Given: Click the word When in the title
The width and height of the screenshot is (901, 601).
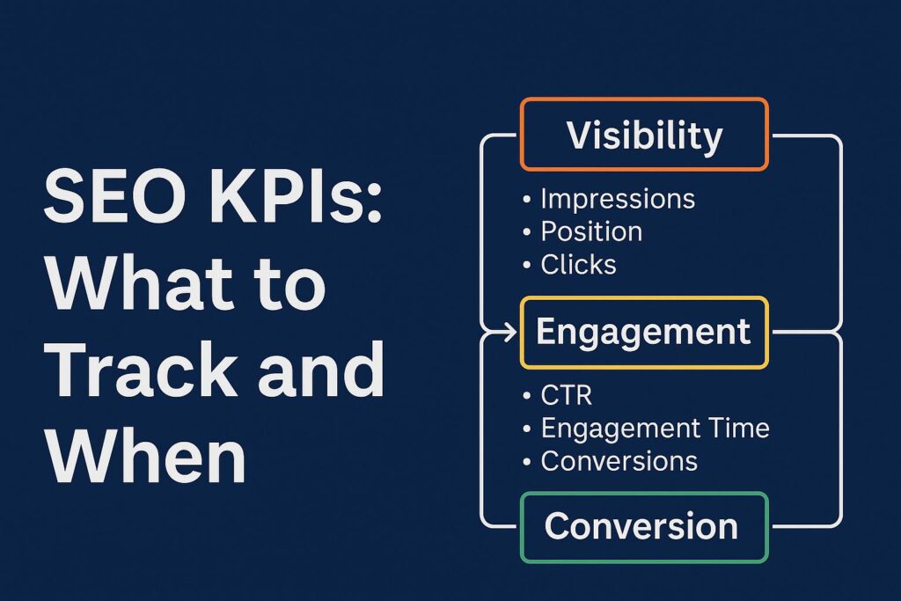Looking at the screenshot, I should point(145,458).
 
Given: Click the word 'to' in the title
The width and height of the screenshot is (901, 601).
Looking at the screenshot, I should point(289,286).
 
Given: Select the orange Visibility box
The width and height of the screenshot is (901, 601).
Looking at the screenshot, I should point(644,135).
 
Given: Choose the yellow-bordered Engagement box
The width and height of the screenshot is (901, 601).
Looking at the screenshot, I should point(644,332).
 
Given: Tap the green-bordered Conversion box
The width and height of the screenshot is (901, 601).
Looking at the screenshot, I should point(644,526).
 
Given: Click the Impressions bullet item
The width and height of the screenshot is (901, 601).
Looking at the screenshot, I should point(617,200).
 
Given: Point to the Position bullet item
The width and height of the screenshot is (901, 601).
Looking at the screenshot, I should point(590,231).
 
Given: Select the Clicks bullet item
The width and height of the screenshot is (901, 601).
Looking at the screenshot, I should point(578,264).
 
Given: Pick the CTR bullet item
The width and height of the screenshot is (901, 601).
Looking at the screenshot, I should point(567,395).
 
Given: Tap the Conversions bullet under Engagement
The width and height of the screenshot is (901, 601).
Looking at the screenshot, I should point(619,460).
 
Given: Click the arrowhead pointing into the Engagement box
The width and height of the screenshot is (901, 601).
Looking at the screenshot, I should point(510,333).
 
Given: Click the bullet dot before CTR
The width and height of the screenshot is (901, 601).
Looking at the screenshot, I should point(526,397).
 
